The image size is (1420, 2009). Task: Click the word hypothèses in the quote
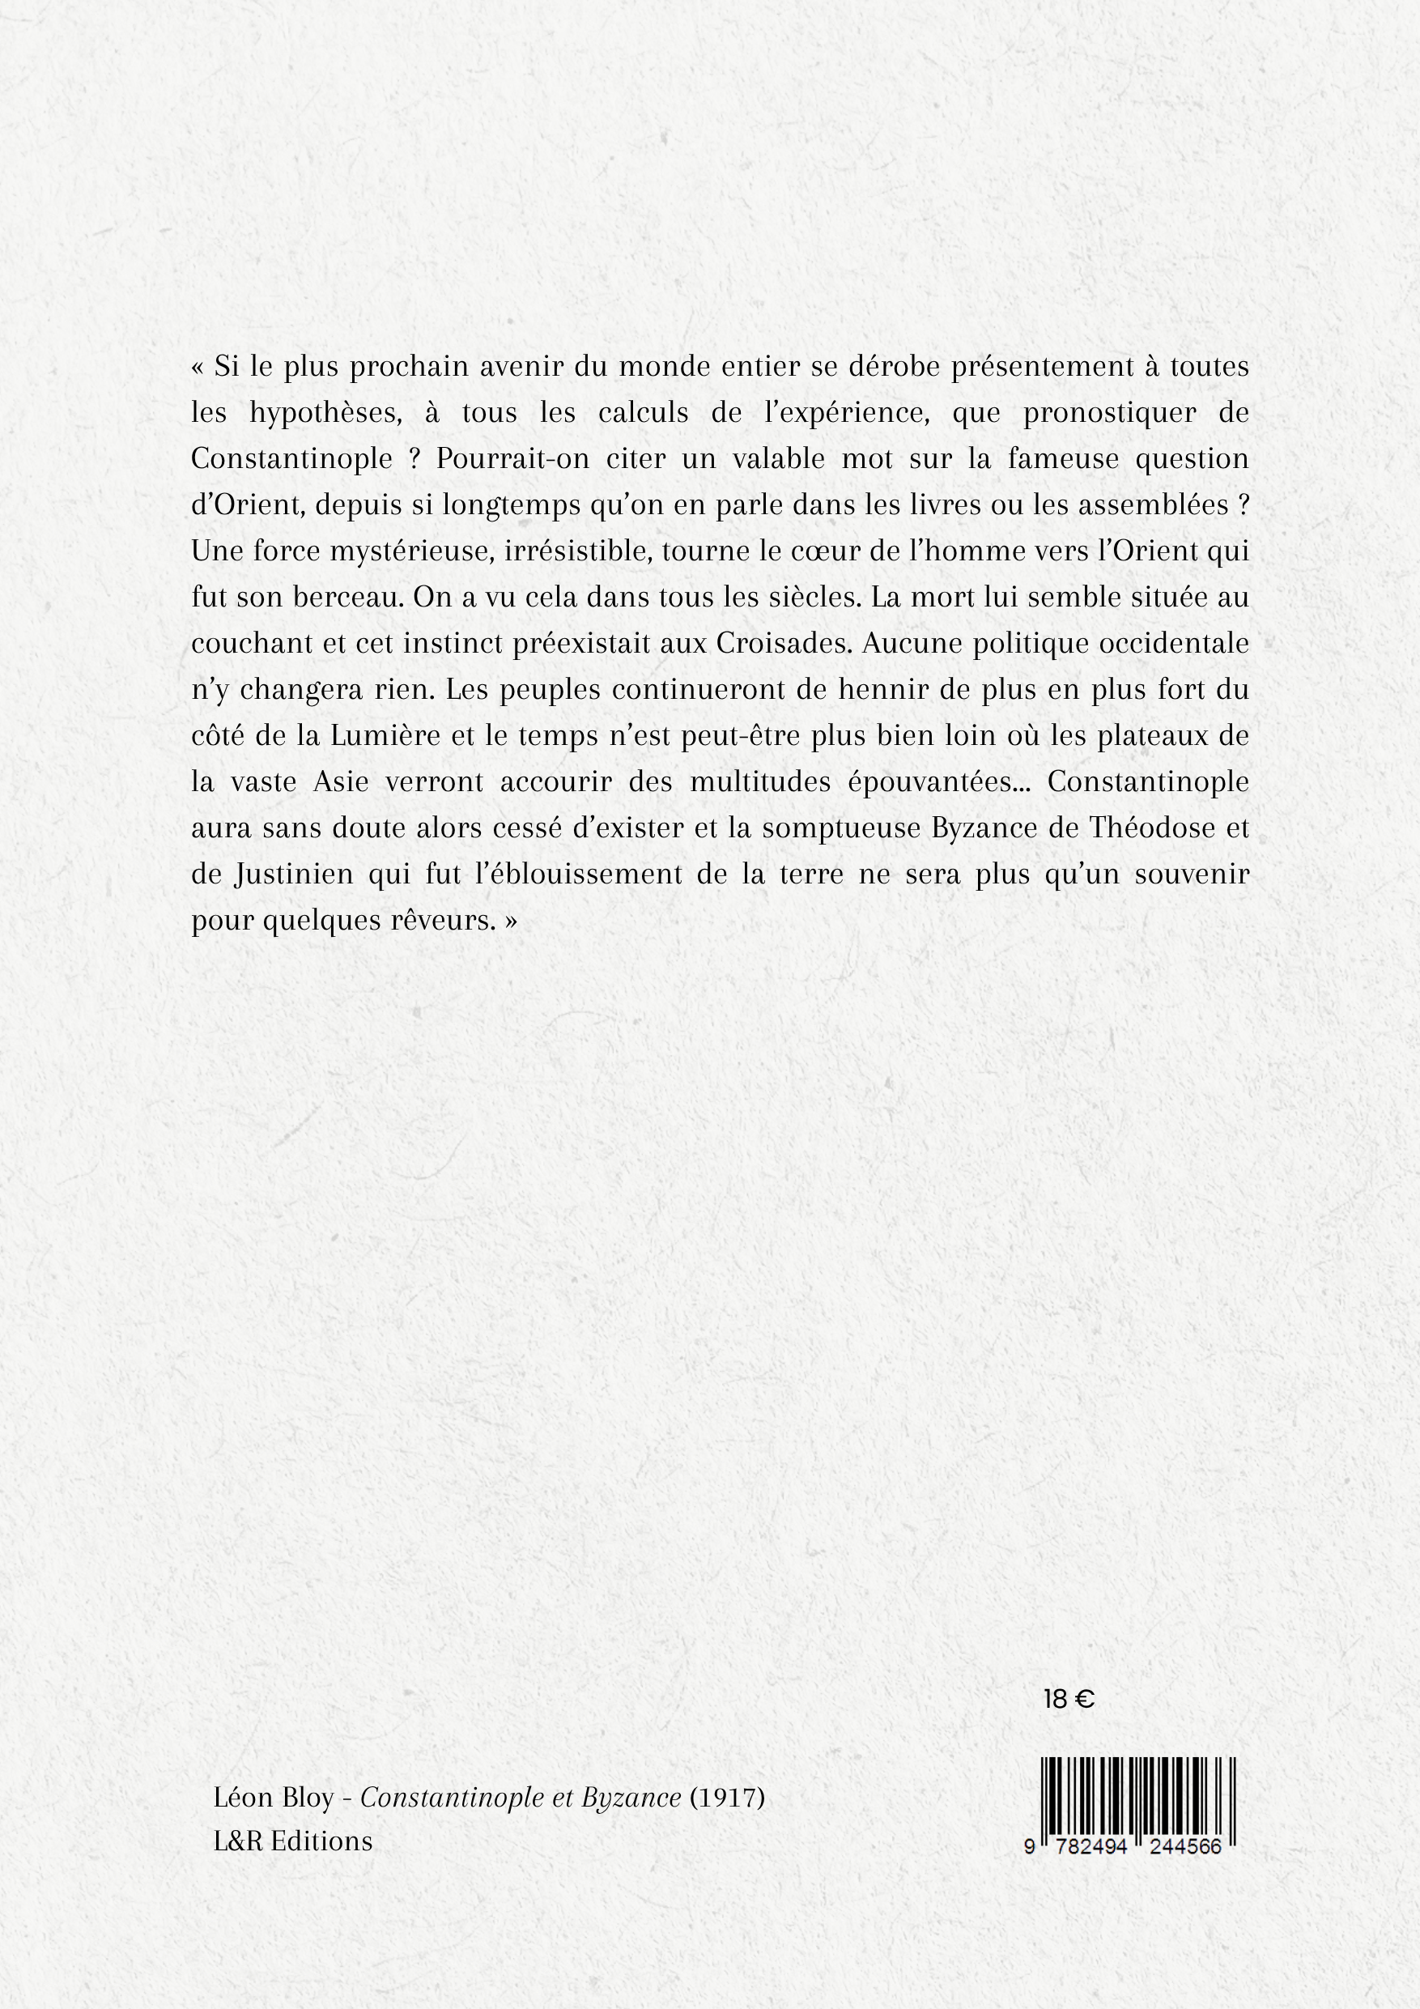(325, 414)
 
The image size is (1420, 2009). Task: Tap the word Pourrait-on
(512, 460)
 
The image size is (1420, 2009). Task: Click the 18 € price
(1069, 1699)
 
